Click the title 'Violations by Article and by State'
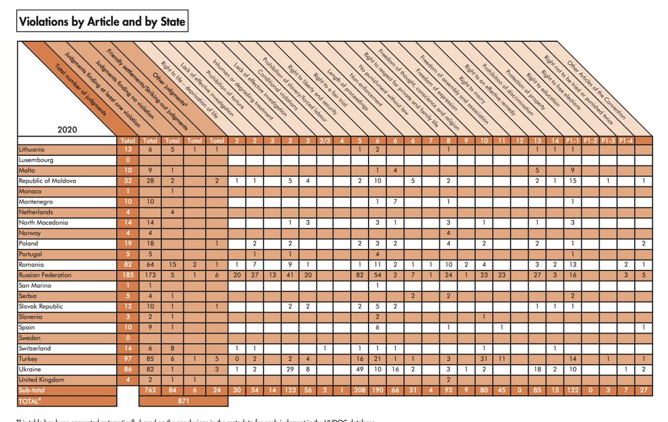[102, 22]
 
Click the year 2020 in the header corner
[67, 130]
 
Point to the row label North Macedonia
[43, 223]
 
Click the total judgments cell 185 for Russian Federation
[129, 275]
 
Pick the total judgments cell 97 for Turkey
[129, 359]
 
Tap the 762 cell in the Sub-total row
[151, 390]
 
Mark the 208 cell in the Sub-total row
[360, 390]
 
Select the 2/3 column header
[325, 140]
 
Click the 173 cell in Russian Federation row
[151, 275]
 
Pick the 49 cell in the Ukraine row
[360, 369]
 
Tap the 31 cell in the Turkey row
[484, 359]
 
